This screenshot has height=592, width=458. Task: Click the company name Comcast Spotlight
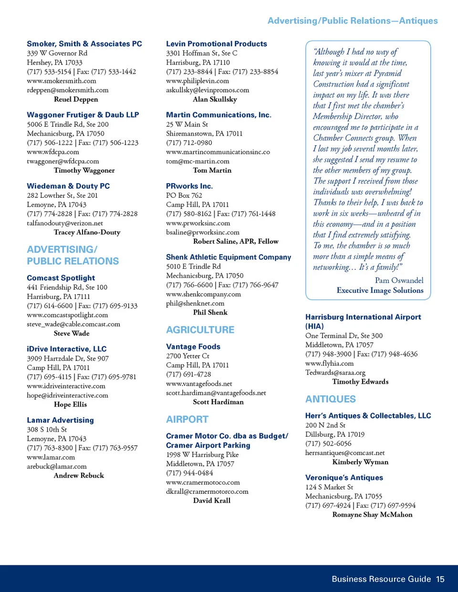click(61, 278)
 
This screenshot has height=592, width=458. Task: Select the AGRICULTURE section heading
click(200, 330)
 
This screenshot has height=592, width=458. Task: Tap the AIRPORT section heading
click(187, 419)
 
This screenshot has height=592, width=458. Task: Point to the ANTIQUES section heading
click(330, 399)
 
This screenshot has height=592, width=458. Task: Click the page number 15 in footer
click(440, 579)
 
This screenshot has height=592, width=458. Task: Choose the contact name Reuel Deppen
click(76, 99)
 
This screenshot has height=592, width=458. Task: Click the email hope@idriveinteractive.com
click(67, 395)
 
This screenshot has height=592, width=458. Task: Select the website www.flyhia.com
click(329, 363)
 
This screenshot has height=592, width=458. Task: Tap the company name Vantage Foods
click(193, 347)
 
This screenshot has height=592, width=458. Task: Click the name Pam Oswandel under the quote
click(399, 280)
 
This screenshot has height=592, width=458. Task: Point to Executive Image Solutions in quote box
click(380, 290)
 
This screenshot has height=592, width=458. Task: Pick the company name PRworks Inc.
click(189, 186)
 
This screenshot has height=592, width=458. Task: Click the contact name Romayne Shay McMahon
click(372, 514)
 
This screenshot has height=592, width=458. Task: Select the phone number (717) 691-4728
click(189, 374)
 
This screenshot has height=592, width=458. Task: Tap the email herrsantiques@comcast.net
click(344, 453)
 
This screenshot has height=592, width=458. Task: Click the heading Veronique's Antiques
click(344, 478)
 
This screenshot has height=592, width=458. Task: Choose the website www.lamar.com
click(51, 457)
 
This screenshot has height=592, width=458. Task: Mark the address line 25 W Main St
click(187, 124)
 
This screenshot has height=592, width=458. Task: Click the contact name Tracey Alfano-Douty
click(87, 232)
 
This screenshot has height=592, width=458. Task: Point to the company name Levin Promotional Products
click(216, 44)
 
